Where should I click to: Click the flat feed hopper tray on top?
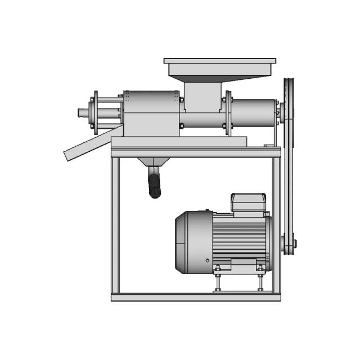219,61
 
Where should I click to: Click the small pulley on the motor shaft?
289,244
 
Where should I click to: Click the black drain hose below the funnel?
154,186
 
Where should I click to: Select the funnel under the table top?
154,164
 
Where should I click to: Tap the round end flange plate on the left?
96,112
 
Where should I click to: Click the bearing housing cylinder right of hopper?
253,112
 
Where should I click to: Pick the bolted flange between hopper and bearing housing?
228,112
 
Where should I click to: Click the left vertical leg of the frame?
115,225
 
